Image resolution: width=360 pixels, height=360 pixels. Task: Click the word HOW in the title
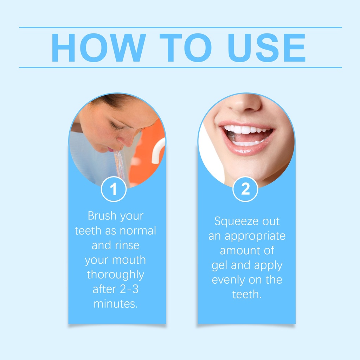click(x=99, y=48)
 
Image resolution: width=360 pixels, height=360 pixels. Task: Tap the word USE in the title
click(x=266, y=48)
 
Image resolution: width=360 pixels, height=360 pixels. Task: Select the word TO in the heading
click(x=186, y=48)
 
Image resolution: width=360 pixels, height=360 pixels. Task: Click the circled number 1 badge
click(x=114, y=189)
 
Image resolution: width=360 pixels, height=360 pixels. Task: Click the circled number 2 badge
click(x=245, y=189)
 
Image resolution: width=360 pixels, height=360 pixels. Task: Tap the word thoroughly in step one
click(x=115, y=275)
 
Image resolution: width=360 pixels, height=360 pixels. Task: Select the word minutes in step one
click(x=115, y=304)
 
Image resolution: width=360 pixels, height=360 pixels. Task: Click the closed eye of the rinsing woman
click(x=117, y=126)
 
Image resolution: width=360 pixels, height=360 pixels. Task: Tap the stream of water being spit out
click(x=120, y=164)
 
